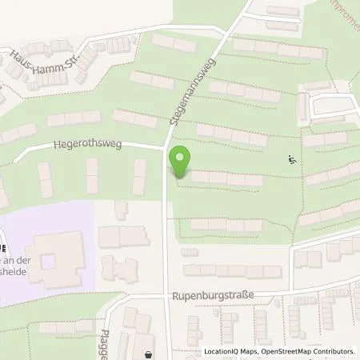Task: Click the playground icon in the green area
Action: (x=292, y=159)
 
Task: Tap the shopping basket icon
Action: (x=147, y=353)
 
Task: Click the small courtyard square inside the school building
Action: (x=49, y=261)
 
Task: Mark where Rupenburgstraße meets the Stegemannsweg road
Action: (x=167, y=295)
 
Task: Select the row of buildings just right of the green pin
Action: (x=226, y=178)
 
